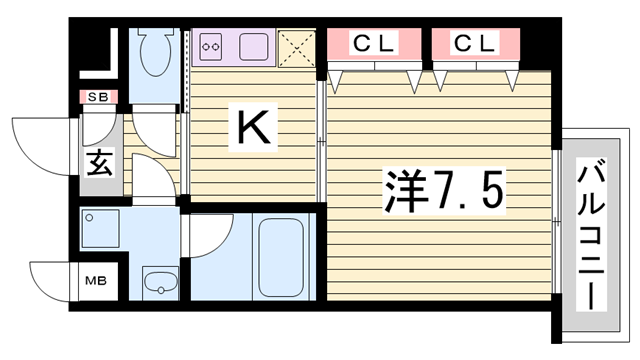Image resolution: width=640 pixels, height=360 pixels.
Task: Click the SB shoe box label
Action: [98, 98]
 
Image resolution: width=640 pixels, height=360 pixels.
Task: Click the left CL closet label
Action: [374, 44]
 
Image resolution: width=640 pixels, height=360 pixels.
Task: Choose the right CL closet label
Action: [474, 44]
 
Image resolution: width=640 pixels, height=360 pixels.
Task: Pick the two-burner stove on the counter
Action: [213, 45]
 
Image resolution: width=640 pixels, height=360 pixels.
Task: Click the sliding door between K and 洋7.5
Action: [321, 140]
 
